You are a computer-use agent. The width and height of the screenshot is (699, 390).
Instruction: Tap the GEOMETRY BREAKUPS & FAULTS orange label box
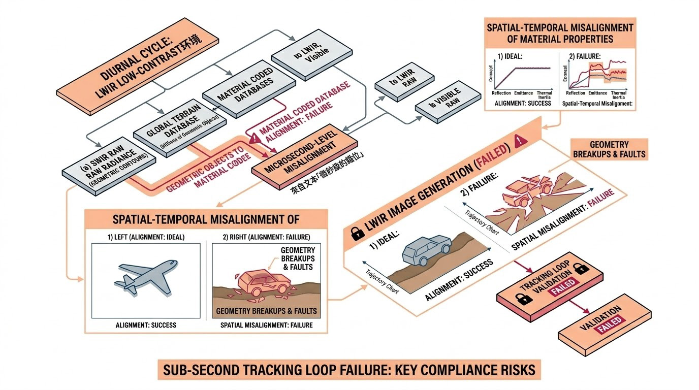(610, 149)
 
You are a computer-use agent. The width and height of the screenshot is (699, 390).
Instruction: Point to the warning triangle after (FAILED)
(519, 142)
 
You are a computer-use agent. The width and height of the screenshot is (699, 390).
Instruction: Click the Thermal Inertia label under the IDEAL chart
(545, 95)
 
